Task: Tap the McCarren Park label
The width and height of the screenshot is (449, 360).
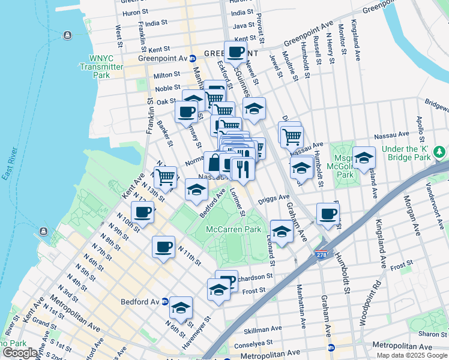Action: coord(234,230)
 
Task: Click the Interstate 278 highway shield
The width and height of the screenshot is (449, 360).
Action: coord(322,255)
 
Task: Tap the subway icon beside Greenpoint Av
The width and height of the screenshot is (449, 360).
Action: coord(193,59)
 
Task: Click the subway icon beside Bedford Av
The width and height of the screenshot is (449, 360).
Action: coord(165,302)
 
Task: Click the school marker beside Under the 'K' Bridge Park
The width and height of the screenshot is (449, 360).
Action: coord(364,158)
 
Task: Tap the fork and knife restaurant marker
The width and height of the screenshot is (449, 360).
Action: coord(243,169)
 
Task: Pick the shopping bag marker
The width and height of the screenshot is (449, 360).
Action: coord(214,163)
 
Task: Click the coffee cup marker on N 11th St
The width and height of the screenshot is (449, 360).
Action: coord(163,248)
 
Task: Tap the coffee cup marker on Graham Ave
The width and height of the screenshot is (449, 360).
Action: coord(328,214)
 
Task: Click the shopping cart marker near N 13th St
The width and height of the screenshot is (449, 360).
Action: coord(166,177)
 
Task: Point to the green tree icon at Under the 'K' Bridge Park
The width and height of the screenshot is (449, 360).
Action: coord(441,154)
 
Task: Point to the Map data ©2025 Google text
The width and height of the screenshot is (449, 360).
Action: coord(411,355)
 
